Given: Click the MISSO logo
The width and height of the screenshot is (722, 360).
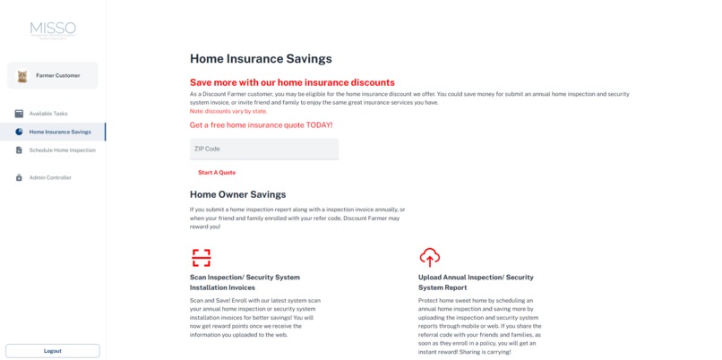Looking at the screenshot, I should tap(53, 30).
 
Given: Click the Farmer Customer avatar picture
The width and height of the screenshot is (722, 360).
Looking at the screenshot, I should tap(22, 76).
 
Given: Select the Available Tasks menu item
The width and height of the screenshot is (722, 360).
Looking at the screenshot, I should tap(48, 114).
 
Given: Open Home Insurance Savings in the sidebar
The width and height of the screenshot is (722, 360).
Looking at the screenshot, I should tap(59, 132).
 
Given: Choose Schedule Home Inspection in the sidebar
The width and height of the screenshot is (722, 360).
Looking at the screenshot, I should tap(62, 150).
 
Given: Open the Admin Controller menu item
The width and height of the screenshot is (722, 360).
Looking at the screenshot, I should tap(50, 177).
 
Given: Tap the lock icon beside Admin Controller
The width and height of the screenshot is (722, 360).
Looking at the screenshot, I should tap(19, 177).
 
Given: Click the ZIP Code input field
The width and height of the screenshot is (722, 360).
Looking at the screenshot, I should tap(264, 149).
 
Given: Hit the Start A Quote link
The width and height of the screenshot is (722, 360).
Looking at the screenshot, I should tap(217, 172).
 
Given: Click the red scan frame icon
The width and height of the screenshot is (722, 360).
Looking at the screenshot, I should tap(202, 258).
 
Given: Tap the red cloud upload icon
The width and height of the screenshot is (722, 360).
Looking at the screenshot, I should tap(430, 258).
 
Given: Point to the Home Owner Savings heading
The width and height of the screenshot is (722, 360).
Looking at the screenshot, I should tap(237, 194).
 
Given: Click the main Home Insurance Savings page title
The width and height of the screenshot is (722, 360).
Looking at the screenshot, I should tap(261, 59).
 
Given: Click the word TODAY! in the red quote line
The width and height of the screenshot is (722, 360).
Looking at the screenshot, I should tap(318, 125).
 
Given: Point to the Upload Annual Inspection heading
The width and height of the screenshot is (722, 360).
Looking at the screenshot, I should tap(476, 282).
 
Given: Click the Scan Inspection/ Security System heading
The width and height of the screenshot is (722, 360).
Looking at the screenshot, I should tap(245, 282).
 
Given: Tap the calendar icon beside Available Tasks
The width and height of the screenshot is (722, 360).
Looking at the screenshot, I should tap(19, 114).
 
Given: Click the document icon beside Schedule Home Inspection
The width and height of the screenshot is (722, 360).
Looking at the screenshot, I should tap(19, 150).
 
